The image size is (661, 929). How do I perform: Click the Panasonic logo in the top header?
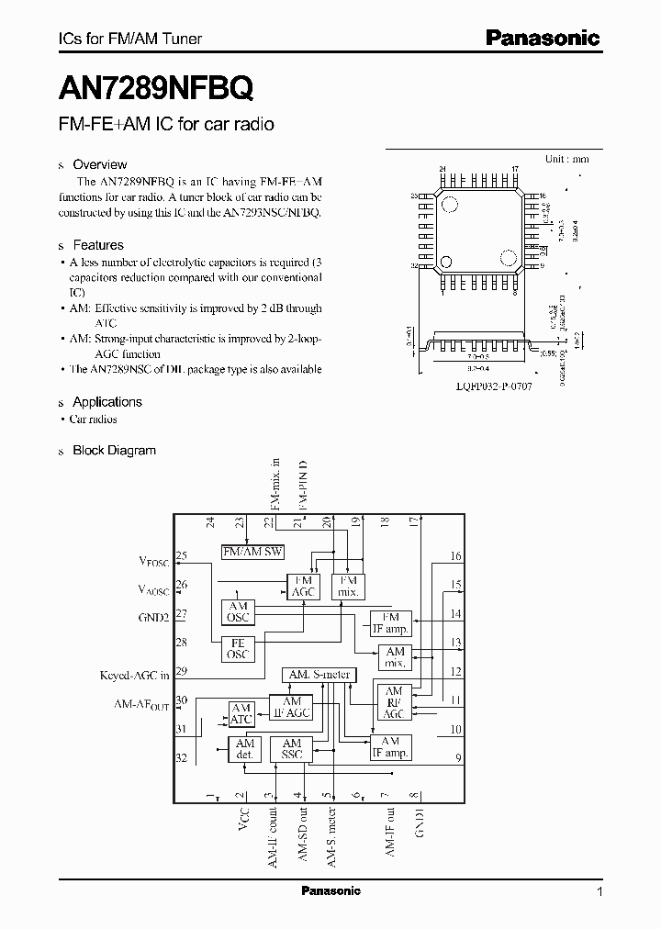point(542,37)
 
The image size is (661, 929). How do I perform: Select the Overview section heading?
point(99,164)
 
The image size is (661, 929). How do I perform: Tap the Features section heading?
point(97,245)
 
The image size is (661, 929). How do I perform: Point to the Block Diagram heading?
point(114,451)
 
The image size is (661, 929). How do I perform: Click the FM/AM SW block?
point(253,551)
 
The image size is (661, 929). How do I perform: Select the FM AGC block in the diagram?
point(302,587)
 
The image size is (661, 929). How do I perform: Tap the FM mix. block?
point(349,587)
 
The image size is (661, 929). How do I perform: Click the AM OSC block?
point(239,612)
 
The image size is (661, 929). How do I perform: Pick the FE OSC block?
point(239,650)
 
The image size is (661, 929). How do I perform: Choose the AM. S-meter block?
point(318,675)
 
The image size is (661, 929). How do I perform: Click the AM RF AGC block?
point(394,703)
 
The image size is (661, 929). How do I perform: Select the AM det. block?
point(244,749)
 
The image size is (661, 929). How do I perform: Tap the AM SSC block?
point(292,749)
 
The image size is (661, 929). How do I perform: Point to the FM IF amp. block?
point(390,622)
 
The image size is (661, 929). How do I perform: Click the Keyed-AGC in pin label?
point(134,675)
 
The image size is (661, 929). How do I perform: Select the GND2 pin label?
point(153,618)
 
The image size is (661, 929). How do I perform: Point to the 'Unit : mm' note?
point(566,159)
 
